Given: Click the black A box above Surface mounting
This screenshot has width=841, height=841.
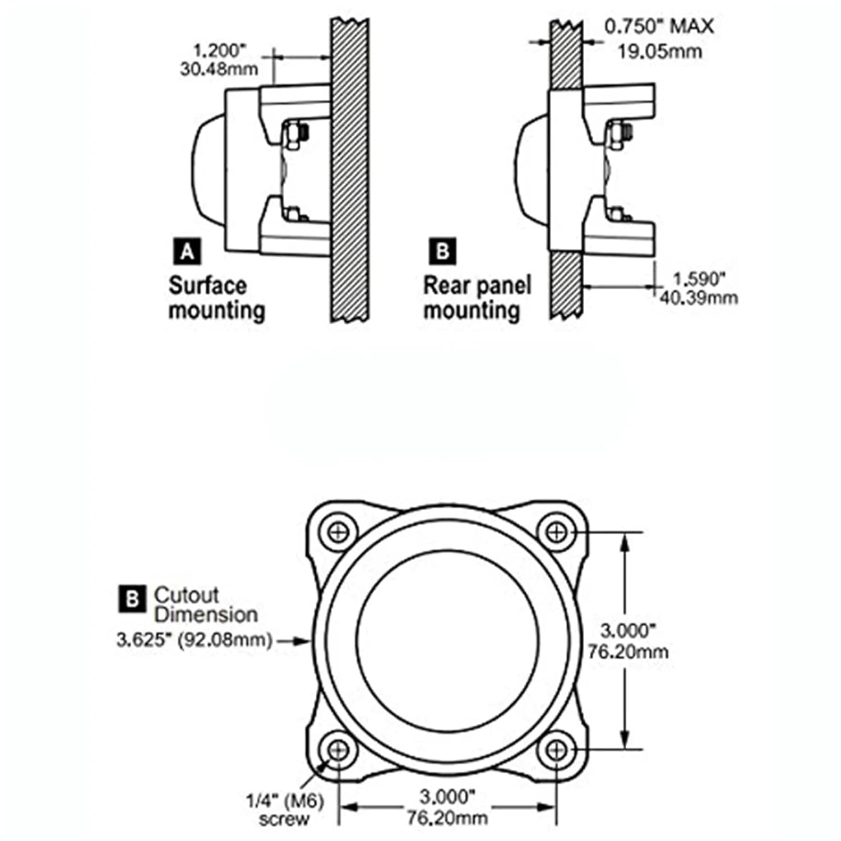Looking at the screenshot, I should (187, 251).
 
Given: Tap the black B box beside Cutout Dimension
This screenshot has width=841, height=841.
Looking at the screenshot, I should (132, 599).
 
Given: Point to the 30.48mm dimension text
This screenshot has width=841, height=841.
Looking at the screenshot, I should (219, 69).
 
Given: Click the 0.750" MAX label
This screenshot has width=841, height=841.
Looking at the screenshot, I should (659, 26).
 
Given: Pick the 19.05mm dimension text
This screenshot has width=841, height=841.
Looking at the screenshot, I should (659, 52).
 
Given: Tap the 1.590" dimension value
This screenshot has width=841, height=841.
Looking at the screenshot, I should (699, 279).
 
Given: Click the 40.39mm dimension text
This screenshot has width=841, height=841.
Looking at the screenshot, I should (699, 297).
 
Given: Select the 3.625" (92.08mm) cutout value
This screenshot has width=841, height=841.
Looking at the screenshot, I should (194, 640).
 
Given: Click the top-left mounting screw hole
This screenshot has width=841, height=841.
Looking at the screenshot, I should (338, 532).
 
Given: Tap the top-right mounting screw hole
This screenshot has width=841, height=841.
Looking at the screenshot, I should (556, 532).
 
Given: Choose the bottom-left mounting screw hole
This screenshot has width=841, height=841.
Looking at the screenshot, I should (338, 749).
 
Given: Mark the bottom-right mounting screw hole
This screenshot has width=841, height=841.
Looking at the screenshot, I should (556, 749).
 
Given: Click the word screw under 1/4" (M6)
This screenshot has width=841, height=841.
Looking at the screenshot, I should (284, 819).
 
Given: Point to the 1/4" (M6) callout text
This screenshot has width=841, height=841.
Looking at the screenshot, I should (285, 801).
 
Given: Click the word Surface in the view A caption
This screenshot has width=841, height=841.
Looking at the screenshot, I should (207, 285).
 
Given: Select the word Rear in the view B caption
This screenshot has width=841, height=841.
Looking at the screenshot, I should (443, 285).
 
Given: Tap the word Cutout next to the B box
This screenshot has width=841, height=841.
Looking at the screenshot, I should (186, 595).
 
